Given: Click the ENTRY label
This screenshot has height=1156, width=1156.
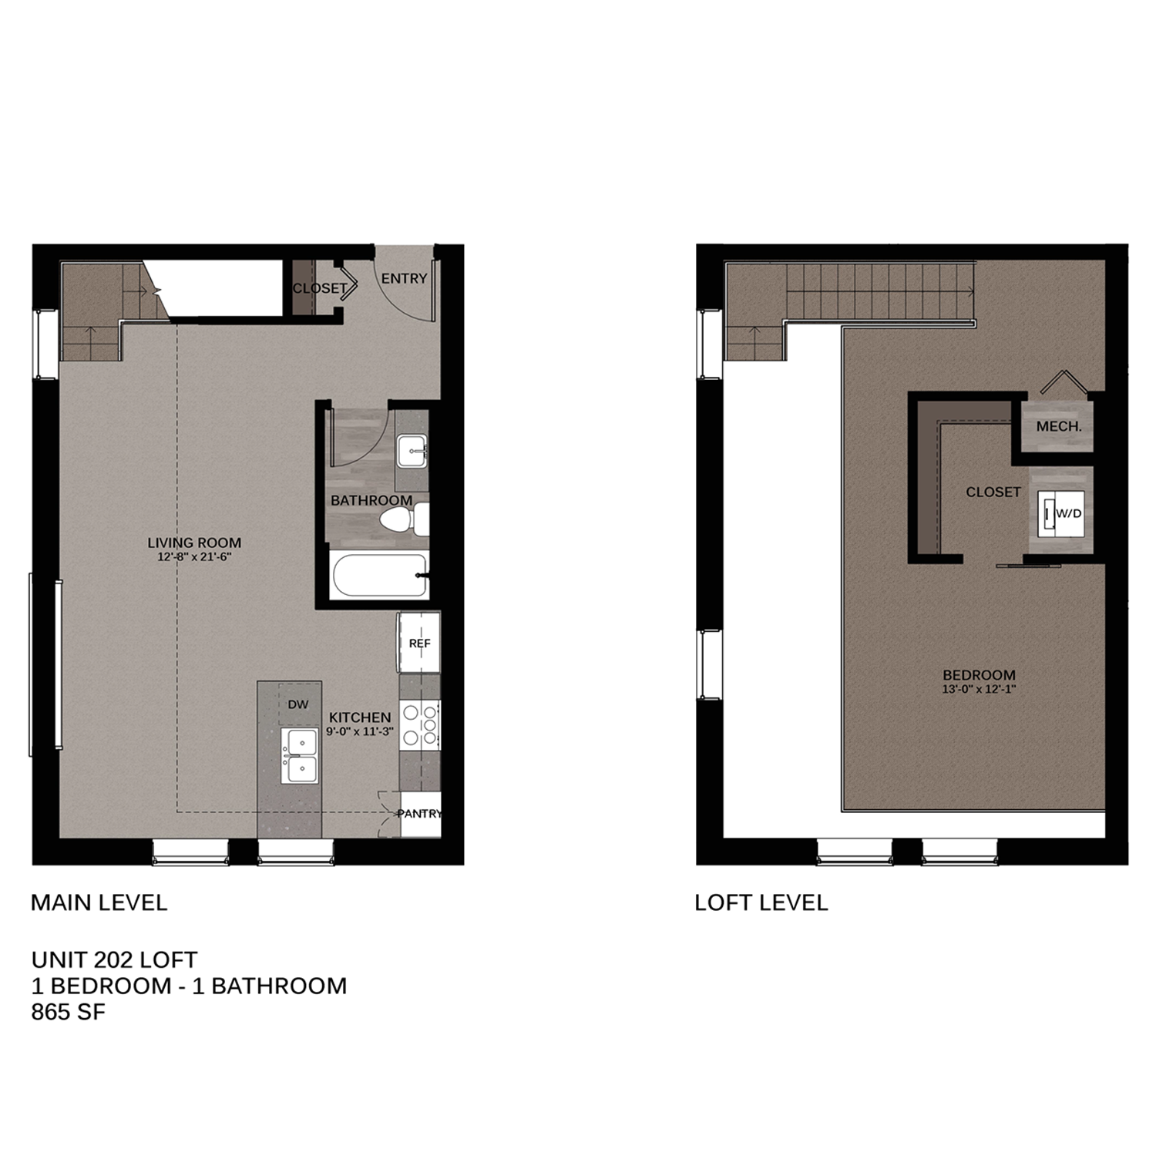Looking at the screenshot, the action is (404, 278).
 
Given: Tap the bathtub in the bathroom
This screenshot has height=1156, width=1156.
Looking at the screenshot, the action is (378, 576).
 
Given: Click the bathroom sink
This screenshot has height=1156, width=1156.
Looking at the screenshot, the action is (412, 451).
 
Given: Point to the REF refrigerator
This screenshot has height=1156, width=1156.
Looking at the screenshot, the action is (419, 643).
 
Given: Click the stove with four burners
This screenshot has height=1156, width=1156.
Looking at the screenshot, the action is (420, 724).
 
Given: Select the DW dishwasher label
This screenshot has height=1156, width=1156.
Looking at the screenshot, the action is (298, 704).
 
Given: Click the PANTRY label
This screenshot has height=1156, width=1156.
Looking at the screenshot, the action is (420, 814).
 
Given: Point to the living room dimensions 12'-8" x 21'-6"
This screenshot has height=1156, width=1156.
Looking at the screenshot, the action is (190, 556).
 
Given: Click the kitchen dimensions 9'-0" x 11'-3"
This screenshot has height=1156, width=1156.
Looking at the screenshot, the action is (360, 731).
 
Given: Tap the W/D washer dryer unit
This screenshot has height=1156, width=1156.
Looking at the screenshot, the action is (1061, 512).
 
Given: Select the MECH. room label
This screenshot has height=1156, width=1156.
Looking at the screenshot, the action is (1059, 426).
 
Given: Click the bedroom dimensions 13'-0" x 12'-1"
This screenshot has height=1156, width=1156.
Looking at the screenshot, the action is (979, 690).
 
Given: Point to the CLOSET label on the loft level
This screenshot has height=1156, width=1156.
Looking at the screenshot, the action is (993, 492).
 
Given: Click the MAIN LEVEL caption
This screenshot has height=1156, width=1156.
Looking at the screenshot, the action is (99, 902).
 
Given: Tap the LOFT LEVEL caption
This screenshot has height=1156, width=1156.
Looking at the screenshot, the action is (761, 902).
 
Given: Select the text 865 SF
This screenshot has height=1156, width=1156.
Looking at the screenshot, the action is (68, 1012).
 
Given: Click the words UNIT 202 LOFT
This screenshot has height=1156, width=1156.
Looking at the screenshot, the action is (114, 959).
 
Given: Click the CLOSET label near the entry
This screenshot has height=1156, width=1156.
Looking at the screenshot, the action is (319, 288).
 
